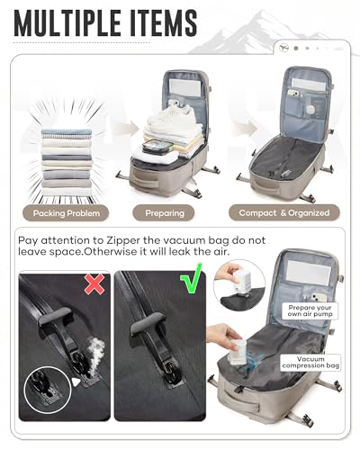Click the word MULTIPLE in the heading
tap(67, 23)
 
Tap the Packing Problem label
tap(66, 213)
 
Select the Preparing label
tap(164, 213)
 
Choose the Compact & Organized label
tap(284, 213)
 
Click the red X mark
tap(94, 283)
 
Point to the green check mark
tap(192, 278)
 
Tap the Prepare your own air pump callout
tap(310, 310)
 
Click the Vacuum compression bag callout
tap(310, 362)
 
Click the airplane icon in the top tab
tap(283, 48)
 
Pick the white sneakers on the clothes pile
tap(172, 115)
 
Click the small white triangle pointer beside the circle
tap(76, 382)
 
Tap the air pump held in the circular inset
tap(241, 283)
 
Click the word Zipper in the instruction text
tap(123, 240)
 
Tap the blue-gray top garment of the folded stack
tap(67, 131)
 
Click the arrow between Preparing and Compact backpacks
tap(246, 129)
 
